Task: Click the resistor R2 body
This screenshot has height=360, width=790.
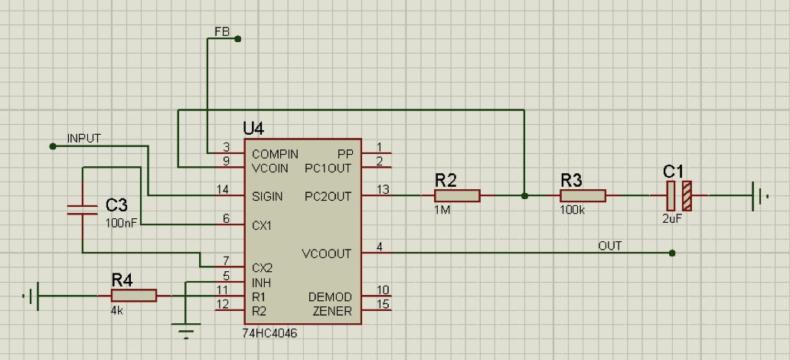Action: (x=457, y=196)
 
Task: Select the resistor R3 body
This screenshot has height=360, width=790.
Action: (x=583, y=196)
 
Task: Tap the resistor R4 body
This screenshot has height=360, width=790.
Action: (x=134, y=296)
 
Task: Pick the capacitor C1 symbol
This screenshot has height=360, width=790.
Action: (x=679, y=196)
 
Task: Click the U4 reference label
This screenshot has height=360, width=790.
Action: (x=253, y=127)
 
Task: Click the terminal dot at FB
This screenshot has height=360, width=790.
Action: (x=237, y=38)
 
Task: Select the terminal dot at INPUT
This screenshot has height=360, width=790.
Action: (x=53, y=146)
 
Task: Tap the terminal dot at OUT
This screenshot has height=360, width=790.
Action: (x=672, y=253)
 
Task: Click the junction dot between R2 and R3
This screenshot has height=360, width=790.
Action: (x=524, y=196)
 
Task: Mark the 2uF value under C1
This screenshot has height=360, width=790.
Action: (x=672, y=218)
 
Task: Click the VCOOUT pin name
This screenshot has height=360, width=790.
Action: (x=327, y=254)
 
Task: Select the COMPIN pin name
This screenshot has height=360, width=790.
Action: (x=275, y=154)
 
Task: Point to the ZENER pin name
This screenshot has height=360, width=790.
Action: (x=332, y=311)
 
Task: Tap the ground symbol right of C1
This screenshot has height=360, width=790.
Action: (x=760, y=196)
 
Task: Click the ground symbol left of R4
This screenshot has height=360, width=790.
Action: (x=33, y=296)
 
